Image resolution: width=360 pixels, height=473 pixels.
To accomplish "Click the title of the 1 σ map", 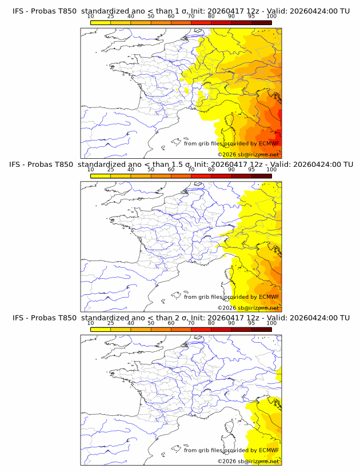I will point(181,11).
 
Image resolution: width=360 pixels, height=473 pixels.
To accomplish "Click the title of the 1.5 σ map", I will point(181,165).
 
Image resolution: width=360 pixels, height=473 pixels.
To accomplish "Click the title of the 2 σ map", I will point(181,318).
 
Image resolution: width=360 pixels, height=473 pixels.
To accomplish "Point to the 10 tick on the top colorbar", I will point(91,17).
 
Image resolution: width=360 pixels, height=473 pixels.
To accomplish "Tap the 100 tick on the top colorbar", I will point(271,17).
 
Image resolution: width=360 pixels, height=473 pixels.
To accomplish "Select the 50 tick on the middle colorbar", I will point(151,170).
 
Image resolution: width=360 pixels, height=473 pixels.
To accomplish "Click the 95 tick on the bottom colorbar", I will point(251,323).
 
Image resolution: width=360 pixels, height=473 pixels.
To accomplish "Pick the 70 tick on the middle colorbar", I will point(191,170).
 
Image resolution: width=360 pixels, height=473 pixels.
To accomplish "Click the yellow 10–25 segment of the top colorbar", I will point(101,22).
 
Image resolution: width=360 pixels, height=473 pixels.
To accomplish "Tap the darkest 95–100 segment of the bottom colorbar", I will point(261,329).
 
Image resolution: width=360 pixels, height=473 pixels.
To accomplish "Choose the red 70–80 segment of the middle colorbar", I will point(201,176).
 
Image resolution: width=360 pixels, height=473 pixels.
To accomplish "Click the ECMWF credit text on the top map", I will point(231,143).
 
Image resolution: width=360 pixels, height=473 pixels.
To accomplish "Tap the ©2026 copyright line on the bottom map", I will point(248,461).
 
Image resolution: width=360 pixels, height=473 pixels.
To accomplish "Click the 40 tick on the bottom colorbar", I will point(131,323).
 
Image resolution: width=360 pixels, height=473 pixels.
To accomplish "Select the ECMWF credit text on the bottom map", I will point(231,450).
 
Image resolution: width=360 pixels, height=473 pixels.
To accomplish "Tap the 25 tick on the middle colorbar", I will point(111,170).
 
